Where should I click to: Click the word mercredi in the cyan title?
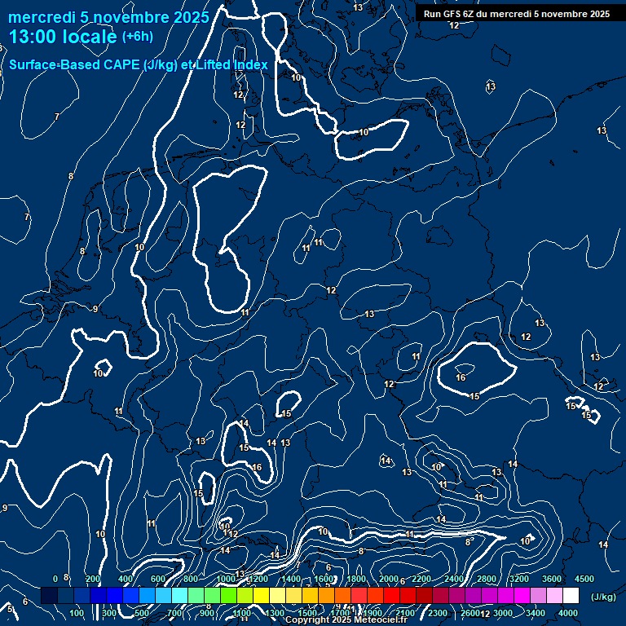click(40, 16)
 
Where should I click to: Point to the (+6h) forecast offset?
click(137, 37)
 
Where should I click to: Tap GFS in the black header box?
click(453, 14)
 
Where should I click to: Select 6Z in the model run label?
click(469, 14)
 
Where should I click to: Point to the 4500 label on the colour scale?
click(584, 579)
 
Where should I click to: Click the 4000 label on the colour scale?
click(568, 613)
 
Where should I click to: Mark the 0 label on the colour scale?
click(55, 579)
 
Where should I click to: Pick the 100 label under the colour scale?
click(77, 613)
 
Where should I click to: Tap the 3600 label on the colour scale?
click(552, 579)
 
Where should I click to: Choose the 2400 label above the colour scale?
click(454, 579)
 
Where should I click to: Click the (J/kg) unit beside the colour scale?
click(602, 597)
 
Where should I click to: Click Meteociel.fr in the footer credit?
click(381, 620)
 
